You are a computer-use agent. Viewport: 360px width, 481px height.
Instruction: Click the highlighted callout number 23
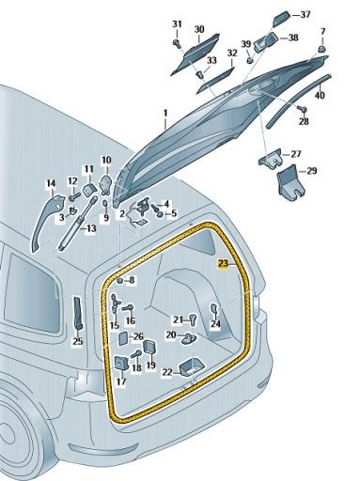click(x=223, y=266)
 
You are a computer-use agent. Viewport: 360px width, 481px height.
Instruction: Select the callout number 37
click(x=330, y=15)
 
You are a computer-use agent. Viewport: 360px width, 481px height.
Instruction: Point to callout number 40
click(x=320, y=94)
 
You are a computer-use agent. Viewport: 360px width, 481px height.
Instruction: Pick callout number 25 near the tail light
click(x=78, y=341)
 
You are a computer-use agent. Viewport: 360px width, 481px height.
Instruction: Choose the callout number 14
click(x=51, y=183)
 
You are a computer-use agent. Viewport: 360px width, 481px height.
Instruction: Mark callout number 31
click(x=178, y=23)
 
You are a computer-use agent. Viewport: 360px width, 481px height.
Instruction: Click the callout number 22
click(x=165, y=372)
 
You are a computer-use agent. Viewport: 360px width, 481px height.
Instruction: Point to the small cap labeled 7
click(x=321, y=46)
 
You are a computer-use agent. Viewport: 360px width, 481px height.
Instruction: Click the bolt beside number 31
click(x=178, y=41)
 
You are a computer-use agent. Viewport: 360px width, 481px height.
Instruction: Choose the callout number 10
click(x=105, y=161)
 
